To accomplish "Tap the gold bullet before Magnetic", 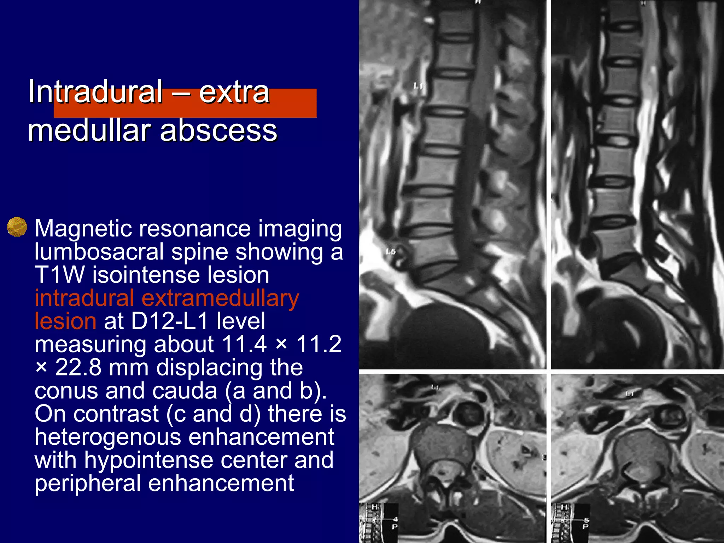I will (17, 227).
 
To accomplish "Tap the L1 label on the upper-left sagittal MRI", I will (419, 86).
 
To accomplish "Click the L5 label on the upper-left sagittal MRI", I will (391, 252).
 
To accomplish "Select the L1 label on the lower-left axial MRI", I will (435, 387).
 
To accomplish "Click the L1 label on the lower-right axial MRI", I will (630, 393).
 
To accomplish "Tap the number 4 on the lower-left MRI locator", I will (396, 519).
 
